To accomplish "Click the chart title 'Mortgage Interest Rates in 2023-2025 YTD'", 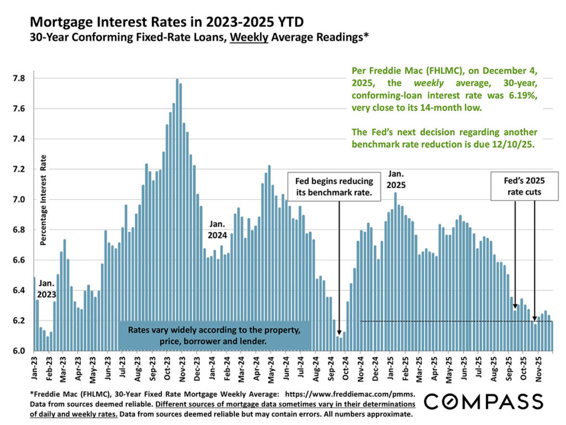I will coord(166,23).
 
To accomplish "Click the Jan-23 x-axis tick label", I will coord(35,367).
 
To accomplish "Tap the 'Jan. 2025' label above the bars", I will coord(396,179).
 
